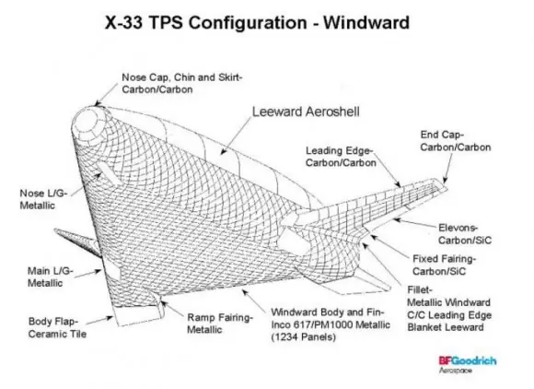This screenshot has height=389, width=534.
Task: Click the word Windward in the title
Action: click(x=366, y=23)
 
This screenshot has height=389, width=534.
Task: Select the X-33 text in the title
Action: click(x=123, y=23)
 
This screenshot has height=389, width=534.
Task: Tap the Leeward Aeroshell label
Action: click(x=306, y=112)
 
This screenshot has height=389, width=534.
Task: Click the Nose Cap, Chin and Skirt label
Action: click(x=182, y=84)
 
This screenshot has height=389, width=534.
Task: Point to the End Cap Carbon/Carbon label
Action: click(x=456, y=141)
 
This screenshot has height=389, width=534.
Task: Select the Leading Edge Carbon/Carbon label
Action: click(x=341, y=157)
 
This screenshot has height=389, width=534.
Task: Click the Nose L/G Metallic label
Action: click(x=43, y=199)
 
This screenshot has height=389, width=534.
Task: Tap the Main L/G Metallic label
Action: click(x=51, y=277)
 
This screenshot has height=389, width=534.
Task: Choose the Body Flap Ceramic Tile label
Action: click(x=57, y=327)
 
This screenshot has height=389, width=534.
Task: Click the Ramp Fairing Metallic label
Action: click(x=220, y=324)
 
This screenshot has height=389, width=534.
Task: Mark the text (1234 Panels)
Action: click(x=304, y=337)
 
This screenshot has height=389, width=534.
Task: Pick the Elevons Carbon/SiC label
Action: click(x=465, y=234)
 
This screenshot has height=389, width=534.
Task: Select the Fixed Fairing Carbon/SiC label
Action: click(x=444, y=265)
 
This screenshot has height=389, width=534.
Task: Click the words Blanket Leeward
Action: click(x=446, y=327)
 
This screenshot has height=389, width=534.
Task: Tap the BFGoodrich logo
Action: click(x=468, y=360)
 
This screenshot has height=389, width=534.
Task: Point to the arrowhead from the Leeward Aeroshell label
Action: click(x=223, y=151)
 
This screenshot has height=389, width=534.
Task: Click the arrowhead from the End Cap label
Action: click(x=444, y=180)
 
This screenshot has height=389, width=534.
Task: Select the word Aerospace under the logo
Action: click(x=456, y=371)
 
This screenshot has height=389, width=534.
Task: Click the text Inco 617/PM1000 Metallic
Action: click(x=331, y=324)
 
